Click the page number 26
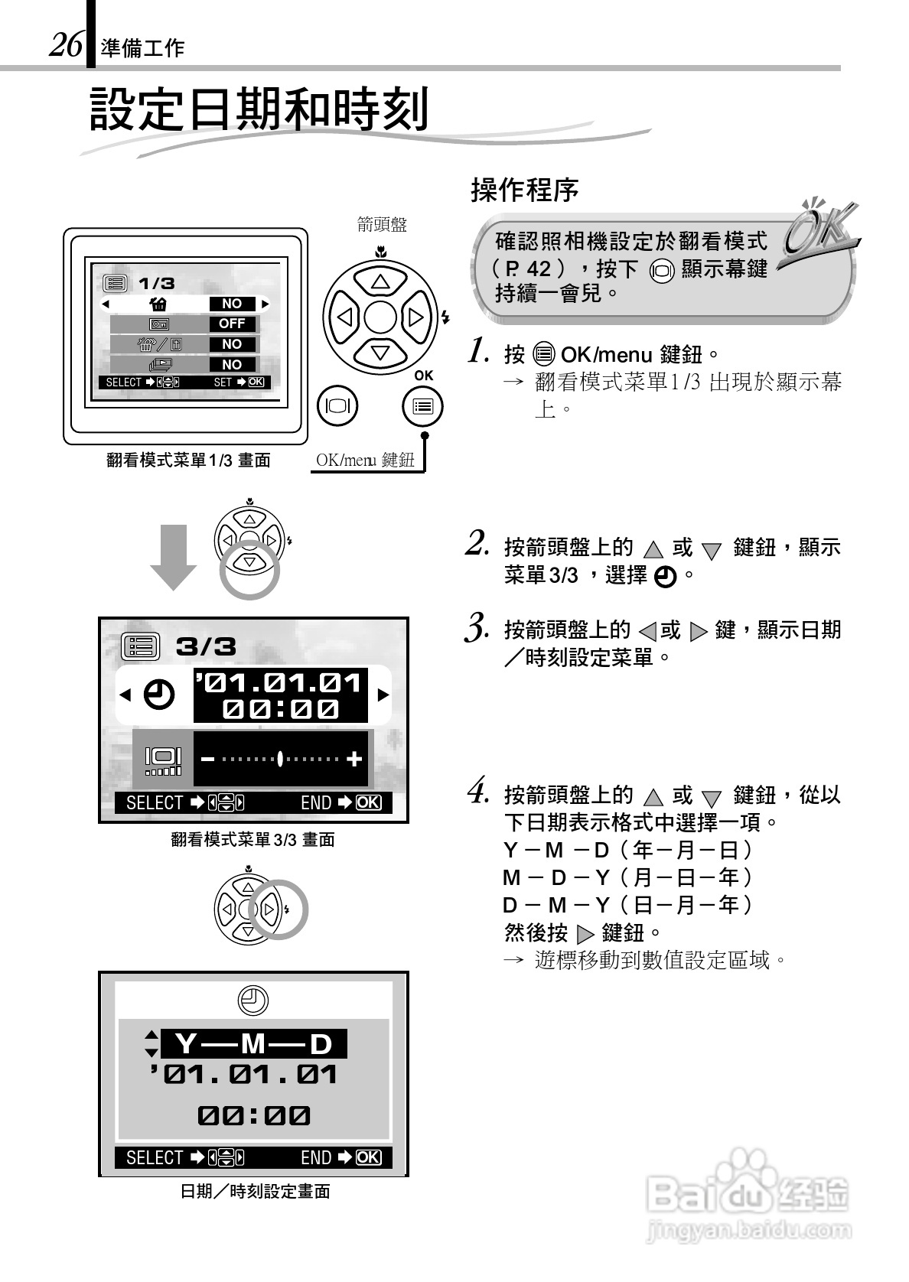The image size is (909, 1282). click(66, 45)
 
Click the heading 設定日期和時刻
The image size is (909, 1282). click(259, 109)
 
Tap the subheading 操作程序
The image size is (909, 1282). click(524, 190)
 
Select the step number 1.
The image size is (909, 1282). click(479, 351)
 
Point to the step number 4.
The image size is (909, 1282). click(479, 791)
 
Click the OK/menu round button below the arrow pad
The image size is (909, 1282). click(422, 406)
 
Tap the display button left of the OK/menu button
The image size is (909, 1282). click(337, 405)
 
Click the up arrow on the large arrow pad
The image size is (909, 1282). click(380, 281)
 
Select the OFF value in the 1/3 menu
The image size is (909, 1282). click(232, 324)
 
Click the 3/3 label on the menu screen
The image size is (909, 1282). click(206, 646)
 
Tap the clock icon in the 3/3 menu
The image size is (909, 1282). click(159, 695)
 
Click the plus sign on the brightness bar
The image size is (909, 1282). click(353, 759)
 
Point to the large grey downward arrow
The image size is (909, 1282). click(174, 556)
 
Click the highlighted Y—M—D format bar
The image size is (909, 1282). click(253, 1043)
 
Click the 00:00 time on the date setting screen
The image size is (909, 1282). click(253, 1115)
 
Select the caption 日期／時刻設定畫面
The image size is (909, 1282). click(255, 1191)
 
